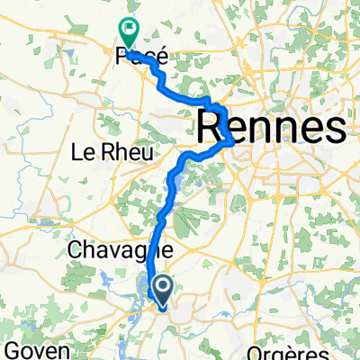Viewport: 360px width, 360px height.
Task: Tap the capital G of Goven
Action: (x=12, y=348)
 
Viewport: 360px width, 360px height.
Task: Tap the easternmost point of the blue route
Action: (x=235, y=139)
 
